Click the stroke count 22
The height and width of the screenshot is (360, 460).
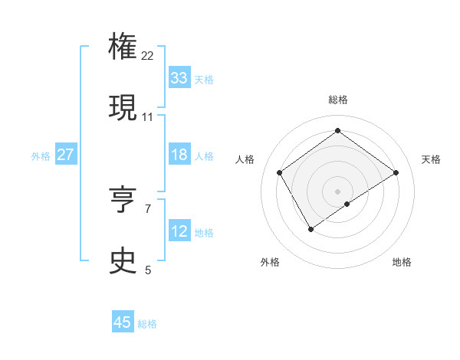pyautogui.click(x=148, y=55)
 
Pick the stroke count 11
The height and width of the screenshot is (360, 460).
pyautogui.click(x=148, y=116)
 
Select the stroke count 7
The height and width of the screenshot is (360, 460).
pyautogui.click(x=148, y=208)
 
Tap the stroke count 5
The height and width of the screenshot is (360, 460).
pyautogui.click(x=148, y=270)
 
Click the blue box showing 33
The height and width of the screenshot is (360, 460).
pyautogui.click(x=179, y=78)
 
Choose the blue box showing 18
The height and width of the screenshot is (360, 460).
pyautogui.click(x=179, y=155)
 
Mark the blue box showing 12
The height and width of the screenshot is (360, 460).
pyautogui.click(x=179, y=231)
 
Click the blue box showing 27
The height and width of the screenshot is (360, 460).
pyautogui.click(x=65, y=155)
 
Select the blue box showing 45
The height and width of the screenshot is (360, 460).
pyautogui.click(x=123, y=322)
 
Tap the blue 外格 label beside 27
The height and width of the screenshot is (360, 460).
pyautogui.click(x=41, y=155)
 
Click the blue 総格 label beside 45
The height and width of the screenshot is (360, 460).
pyautogui.click(x=147, y=324)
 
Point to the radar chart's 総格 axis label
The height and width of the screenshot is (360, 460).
pyautogui.click(x=338, y=100)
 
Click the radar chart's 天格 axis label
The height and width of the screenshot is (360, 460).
pyautogui.click(x=431, y=159)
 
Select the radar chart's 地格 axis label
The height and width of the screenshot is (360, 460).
pyautogui.click(x=402, y=262)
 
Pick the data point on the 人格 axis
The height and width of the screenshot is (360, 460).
pyautogui.click(x=280, y=172)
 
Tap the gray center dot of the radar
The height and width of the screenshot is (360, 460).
pyautogui.click(x=338, y=191)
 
